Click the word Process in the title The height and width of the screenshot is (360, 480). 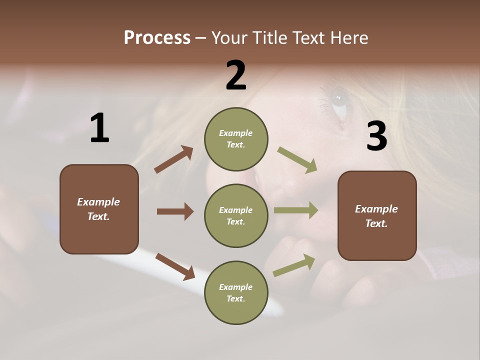157,38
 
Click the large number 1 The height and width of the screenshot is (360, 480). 99,128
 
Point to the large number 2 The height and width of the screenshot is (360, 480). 236,75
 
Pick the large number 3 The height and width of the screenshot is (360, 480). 376,136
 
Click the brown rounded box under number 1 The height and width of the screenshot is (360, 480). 99,209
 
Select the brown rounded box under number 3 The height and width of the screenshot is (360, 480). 377,215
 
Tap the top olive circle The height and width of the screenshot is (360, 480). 236,139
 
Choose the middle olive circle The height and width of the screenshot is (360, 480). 236,215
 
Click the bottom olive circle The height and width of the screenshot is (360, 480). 236,292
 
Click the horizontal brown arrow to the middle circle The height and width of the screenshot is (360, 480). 175,211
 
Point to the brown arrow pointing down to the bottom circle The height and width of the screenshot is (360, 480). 175,266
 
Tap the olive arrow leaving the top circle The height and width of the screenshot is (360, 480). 297,159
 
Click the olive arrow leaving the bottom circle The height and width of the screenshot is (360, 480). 294,265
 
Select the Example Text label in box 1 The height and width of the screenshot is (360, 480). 98,209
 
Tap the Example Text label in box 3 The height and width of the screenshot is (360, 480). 376,216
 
